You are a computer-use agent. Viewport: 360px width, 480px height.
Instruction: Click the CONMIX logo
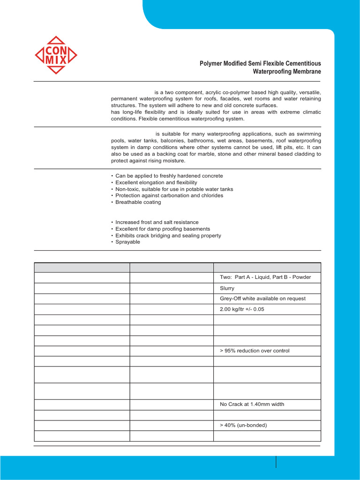(56, 55)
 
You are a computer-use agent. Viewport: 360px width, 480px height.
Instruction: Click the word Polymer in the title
(212, 63)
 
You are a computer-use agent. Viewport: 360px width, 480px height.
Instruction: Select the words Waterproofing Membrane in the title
(287, 72)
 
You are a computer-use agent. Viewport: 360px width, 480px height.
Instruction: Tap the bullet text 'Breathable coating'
(138, 202)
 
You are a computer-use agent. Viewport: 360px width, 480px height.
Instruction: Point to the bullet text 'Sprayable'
(127, 242)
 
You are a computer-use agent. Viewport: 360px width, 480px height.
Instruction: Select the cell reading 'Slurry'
(227, 288)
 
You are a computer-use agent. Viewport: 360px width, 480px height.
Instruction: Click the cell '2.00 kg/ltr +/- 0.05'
(245, 309)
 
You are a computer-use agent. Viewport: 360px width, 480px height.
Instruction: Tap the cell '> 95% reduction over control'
(255, 351)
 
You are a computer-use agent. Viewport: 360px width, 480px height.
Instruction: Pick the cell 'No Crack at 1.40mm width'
(252, 404)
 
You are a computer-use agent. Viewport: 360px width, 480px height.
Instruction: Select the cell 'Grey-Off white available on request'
(262, 299)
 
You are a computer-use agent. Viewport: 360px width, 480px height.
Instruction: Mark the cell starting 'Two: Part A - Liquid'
(265, 277)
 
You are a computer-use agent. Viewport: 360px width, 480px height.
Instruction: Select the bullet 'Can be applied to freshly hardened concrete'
(169, 176)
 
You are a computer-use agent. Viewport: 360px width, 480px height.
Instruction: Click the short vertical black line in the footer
(276, 461)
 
